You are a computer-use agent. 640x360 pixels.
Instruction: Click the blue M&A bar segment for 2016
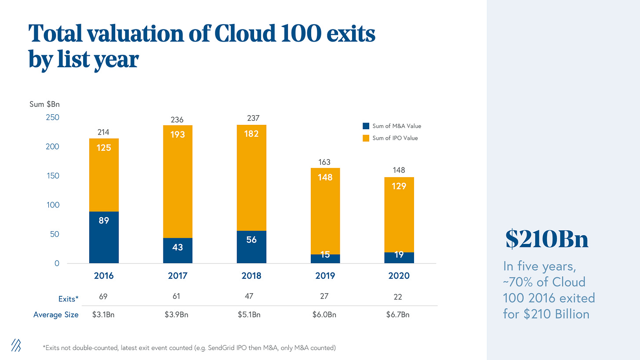pyautogui.click(x=104, y=237)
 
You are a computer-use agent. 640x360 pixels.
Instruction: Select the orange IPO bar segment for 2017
pyautogui.click(x=178, y=182)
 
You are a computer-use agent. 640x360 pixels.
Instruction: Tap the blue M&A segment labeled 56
pyautogui.click(x=251, y=247)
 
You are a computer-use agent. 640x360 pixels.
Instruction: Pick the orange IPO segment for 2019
pyautogui.click(x=325, y=211)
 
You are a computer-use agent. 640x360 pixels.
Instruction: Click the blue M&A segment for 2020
pyautogui.click(x=399, y=258)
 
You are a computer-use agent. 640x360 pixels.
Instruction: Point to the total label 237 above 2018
pyautogui.click(x=253, y=118)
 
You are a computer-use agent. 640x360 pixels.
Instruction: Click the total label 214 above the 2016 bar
pyautogui.click(x=104, y=132)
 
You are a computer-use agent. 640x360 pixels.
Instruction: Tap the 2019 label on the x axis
pyautogui.click(x=325, y=276)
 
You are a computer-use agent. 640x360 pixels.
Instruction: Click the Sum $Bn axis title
pyautogui.click(x=47, y=105)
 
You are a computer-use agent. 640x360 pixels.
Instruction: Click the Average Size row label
pyautogui.click(x=56, y=315)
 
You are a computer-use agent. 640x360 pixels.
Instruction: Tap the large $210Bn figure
pyautogui.click(x=547, y=240)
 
